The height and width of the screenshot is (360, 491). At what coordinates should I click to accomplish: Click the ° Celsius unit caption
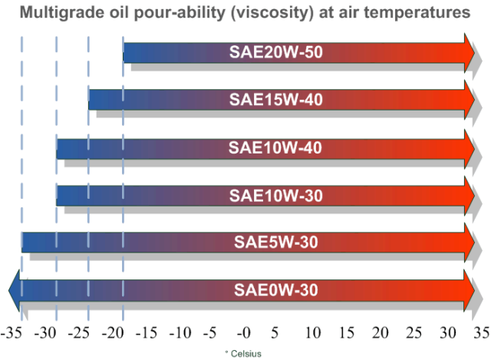243,352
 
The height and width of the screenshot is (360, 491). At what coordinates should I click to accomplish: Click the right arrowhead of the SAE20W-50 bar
468,53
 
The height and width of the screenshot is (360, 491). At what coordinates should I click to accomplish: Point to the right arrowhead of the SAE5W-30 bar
468,243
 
